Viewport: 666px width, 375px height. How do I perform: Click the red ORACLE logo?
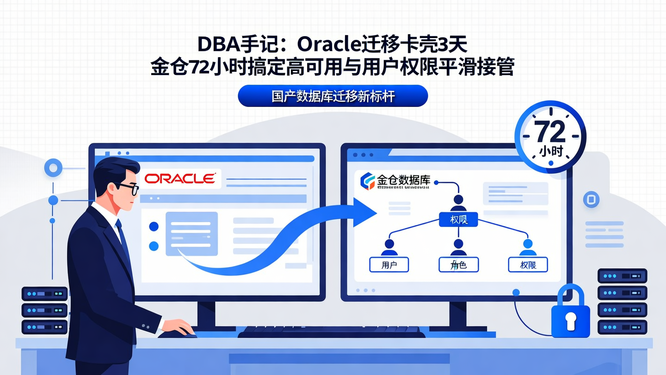click(179, 179)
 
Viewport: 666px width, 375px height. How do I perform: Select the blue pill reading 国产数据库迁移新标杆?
click(333, 96)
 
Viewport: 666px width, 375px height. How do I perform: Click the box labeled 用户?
click(389, 265)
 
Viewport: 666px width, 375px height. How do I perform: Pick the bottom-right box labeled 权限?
click(528, 265)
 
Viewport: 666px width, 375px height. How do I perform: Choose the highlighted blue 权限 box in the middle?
click(457, 219)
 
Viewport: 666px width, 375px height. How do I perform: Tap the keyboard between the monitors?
click(330, 331)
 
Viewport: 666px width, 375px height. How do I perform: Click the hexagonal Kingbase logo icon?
click(368, 181)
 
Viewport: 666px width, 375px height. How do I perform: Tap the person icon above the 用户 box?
click(389, 247)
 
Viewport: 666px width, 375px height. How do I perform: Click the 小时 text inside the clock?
click(550, 151)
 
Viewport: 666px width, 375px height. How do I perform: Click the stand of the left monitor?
click(206, 314)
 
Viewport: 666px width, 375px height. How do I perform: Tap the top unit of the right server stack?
click(622, 276)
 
